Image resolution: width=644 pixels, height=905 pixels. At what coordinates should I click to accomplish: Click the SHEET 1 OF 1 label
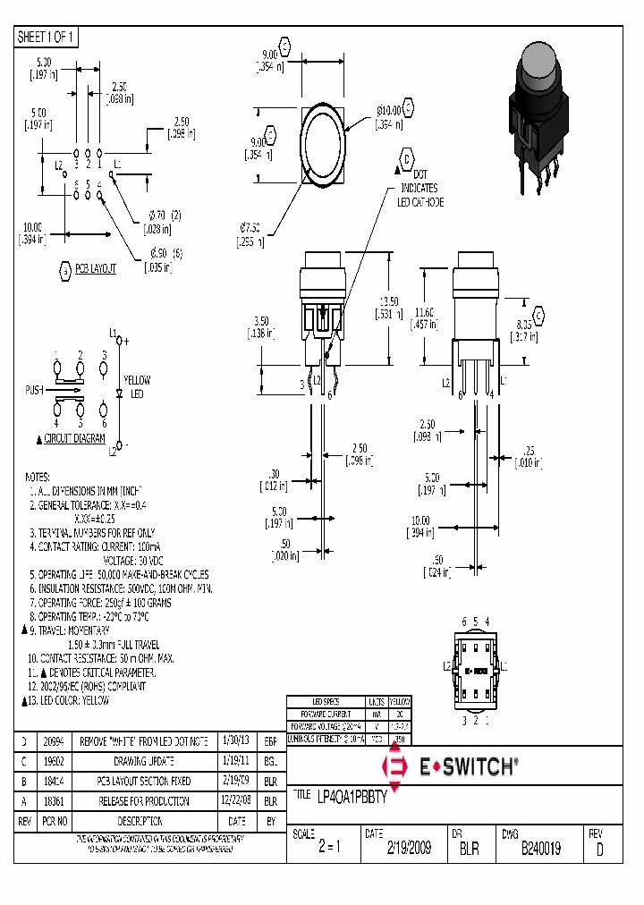(x=47, y=37)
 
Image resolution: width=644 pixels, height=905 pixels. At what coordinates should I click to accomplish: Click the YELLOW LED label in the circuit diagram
(x=137, y=386)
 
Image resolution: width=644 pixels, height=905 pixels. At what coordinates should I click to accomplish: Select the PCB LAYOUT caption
(x=95, y=268)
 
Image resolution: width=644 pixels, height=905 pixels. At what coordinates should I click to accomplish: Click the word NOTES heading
(x=38, y=477)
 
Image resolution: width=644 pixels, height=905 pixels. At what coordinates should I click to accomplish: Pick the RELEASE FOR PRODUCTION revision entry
(x=143, y=801)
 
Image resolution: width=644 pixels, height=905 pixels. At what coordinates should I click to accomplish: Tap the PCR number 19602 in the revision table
(x=55, y=761)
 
